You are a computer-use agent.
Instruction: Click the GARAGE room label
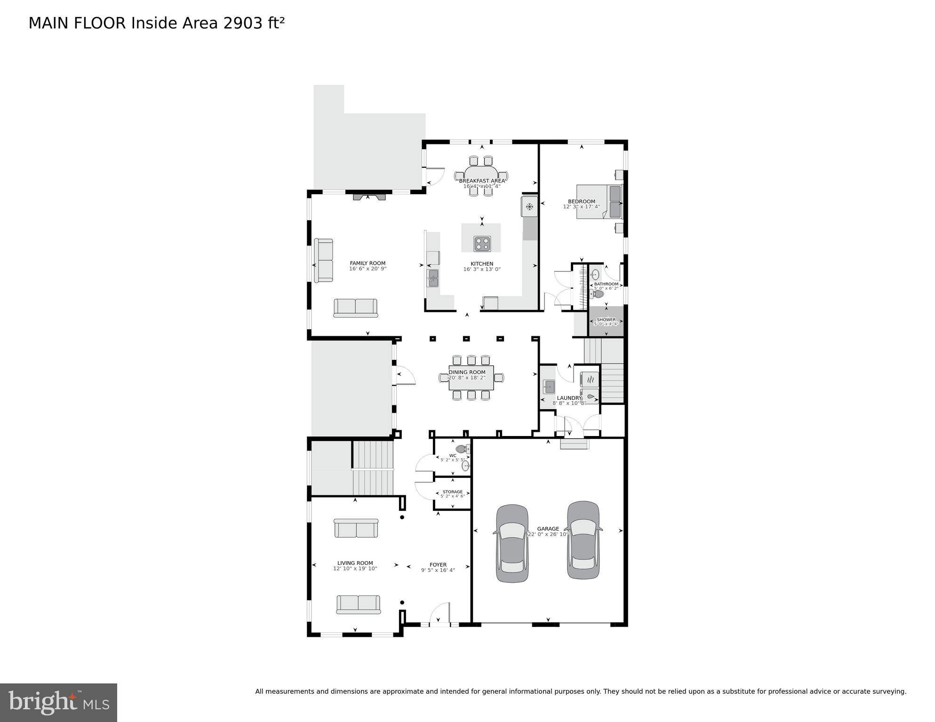click(x=548, y=529)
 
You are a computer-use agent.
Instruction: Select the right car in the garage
click(x=583, y=540)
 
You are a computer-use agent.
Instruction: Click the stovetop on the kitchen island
click(x=482, y=244)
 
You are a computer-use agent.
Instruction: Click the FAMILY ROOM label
click(x=368, y=263)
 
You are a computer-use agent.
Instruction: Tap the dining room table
click(x=471, y=378)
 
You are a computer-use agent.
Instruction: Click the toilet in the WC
click(x=462, y=449)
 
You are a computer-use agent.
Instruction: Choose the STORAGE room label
click(x=452, y=492)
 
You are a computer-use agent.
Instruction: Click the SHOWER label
click(x=606, y=320)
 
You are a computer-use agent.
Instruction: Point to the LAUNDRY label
click(x=569, y=398)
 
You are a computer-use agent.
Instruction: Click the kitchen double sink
click(x=433, y=278)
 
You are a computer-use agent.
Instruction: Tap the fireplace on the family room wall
click(x=369, y=197)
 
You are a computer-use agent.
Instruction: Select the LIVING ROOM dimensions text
click(x=355, y=569)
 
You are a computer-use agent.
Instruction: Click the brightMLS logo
click(x=58, y=702)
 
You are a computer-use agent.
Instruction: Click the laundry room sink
click(x=549, y=387)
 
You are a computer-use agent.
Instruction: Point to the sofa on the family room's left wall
click(x=323, y=260)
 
